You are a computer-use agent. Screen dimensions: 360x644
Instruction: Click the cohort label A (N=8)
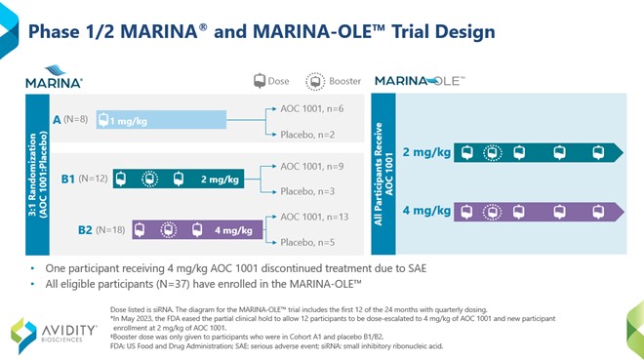pyautogui.click(x=70, y=120)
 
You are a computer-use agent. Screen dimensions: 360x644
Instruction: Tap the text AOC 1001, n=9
pyautogui.click(x=311, y=167)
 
